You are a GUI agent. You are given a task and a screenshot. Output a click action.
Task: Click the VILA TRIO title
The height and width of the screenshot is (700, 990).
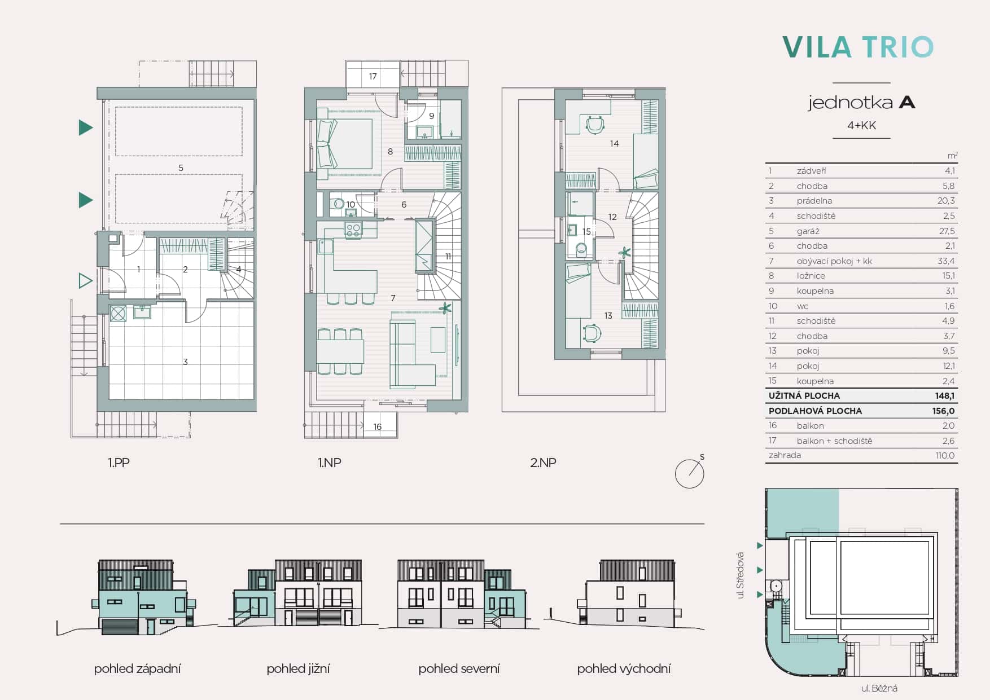(858, 47)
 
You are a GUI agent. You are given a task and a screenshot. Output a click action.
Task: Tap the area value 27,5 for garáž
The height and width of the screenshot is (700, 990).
(947, 231)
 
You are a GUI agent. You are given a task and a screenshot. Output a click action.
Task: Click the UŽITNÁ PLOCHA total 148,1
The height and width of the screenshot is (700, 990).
(944, 396)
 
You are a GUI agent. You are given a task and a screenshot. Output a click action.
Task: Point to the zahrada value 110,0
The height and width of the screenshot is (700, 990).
(945, 456)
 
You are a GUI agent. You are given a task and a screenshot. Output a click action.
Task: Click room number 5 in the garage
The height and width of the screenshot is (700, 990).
(181, 168)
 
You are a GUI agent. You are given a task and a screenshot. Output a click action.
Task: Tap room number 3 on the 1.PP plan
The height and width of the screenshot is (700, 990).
(185, 362)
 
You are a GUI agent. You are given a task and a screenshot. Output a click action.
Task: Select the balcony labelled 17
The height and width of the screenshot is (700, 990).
(373, 76)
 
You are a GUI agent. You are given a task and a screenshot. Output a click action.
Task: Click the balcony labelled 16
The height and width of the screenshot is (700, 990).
(378, 425)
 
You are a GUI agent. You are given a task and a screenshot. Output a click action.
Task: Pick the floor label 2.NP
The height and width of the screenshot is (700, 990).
(543, 463)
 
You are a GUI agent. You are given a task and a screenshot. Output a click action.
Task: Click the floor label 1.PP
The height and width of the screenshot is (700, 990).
(119, 463)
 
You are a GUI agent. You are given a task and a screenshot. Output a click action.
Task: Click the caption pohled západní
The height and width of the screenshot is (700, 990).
(137, 669)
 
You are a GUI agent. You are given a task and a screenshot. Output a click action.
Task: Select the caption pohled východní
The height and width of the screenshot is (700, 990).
(624, 669)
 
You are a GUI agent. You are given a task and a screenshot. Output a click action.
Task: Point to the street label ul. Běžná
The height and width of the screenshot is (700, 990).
(879, 688)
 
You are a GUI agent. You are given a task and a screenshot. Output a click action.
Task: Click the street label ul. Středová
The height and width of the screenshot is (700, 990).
(741, 575)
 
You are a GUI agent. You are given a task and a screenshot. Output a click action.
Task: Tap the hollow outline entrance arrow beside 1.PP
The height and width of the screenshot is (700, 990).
(85, 280)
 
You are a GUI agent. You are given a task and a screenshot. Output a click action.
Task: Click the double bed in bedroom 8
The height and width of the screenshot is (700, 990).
(345, 143)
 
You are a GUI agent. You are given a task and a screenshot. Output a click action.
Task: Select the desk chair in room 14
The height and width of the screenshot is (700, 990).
(595, 125)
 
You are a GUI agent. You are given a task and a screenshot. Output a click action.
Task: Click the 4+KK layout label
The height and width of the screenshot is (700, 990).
(861, 125)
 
